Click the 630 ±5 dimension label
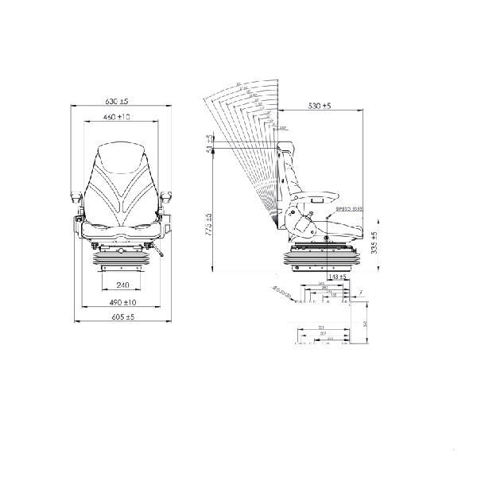pos(122,103)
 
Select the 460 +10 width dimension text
pos(122,118)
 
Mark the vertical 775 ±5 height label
pos(209,227)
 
